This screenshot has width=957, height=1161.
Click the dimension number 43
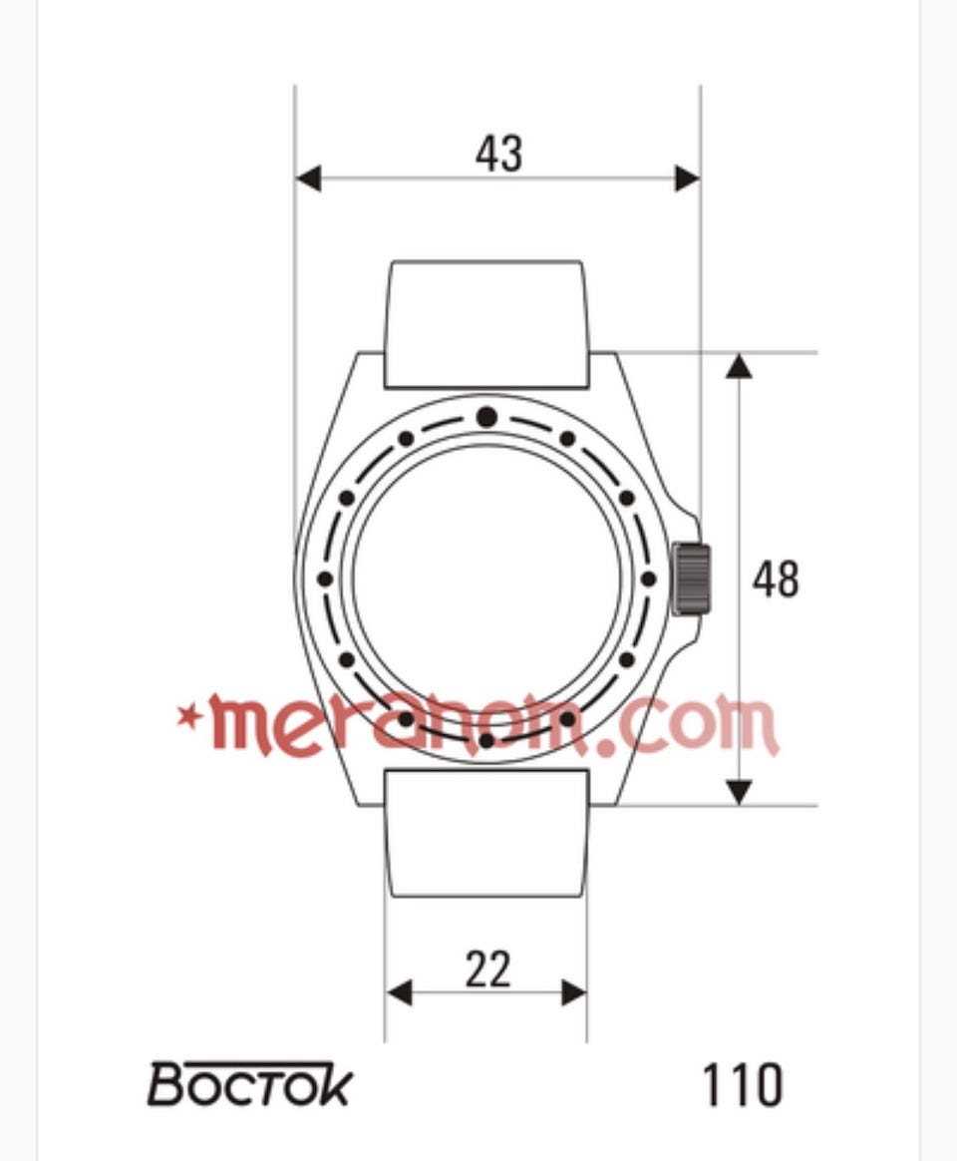coord(498,154)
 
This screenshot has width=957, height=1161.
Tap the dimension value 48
coord(776,580)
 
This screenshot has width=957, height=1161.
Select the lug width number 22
coord(487,969)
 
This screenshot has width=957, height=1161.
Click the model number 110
coord(742,1085)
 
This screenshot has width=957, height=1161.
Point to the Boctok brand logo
coord(249,1084)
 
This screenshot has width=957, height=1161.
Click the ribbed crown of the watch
coord(692,580)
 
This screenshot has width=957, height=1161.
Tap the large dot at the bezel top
coord(486,417)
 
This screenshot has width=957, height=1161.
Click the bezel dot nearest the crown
coord(648,580)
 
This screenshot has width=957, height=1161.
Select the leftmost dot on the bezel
coord(324,580)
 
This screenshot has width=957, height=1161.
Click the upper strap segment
coord(486,324)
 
